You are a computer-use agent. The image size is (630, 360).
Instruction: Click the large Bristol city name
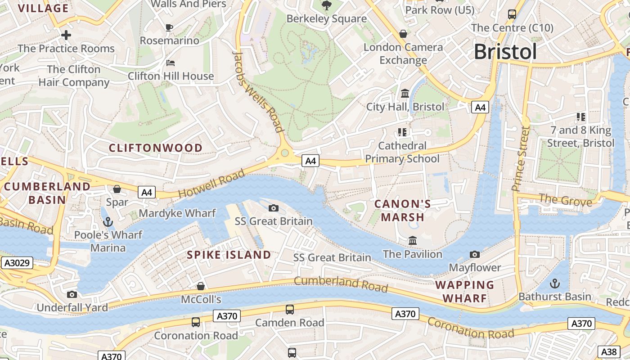tap(505, 52)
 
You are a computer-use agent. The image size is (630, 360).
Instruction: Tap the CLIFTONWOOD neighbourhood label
tap(156, 148)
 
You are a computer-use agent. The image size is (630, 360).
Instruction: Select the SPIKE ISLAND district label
tap(229, 255)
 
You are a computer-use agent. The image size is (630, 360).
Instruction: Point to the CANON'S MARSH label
tap(403, 211)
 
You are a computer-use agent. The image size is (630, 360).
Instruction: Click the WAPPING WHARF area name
tap(465, 291)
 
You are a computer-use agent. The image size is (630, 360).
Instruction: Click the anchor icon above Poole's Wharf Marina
tap(108, 221)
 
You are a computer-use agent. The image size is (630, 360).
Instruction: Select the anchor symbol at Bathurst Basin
tap(555, 283)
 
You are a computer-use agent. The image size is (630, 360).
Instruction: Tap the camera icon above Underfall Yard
tap(72, 294)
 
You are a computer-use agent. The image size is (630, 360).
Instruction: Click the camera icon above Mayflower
tap(475, 255)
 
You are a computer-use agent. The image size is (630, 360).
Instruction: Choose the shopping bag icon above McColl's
tap(201, 286)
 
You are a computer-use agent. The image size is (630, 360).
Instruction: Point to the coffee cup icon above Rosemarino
tap(169, 27)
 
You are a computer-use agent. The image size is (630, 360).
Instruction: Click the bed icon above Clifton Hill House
tap(171, 63)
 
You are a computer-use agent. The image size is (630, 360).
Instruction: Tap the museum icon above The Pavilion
tap(413, 241)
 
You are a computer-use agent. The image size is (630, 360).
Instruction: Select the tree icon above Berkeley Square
tap(327, 5)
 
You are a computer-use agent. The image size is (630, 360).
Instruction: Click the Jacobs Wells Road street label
tap(259, 92)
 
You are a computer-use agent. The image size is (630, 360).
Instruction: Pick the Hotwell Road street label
tap(211, 183)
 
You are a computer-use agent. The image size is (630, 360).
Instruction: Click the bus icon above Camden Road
tap(290, 310)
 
